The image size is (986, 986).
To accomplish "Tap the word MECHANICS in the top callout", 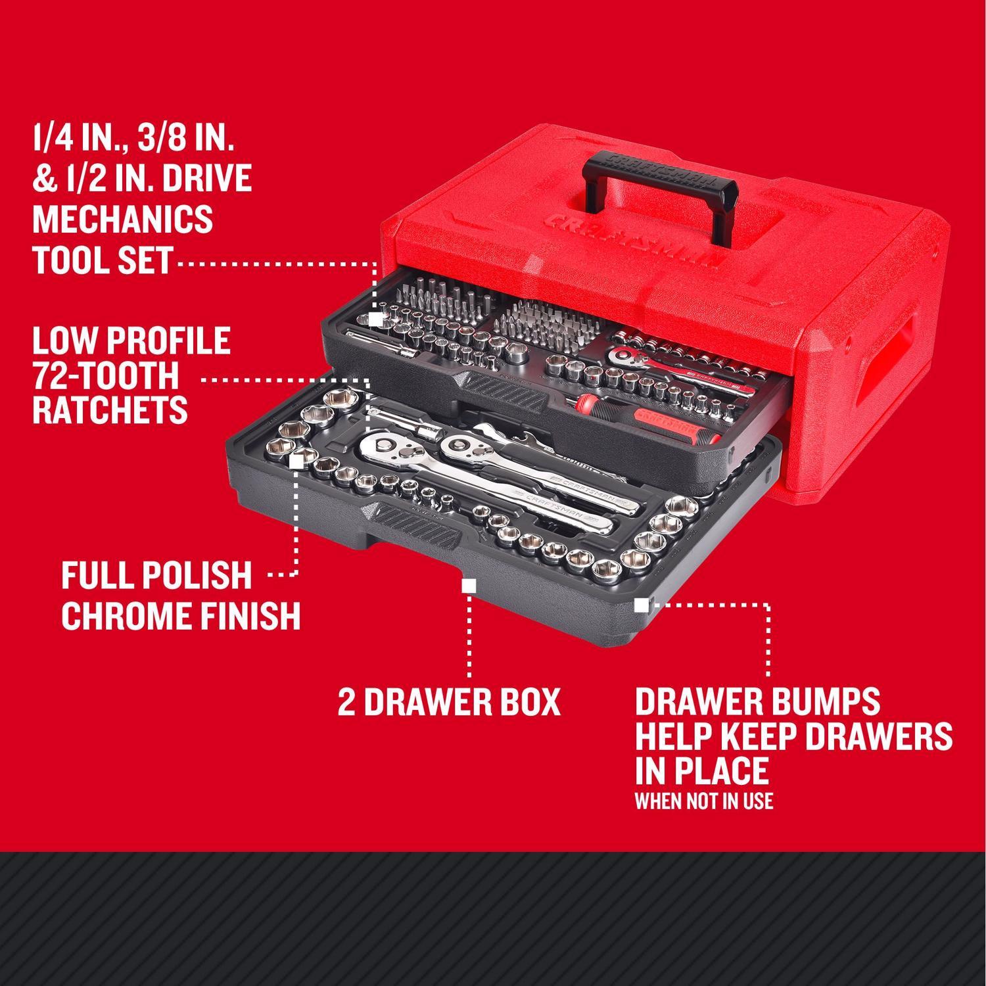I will pyautogui.click(x=122, y=219).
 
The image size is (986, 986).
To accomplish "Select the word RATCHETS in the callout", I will pyautogui.click(x=110, y=411).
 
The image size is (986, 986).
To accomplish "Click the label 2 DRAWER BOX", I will pyautogui.click(x=449, y=703).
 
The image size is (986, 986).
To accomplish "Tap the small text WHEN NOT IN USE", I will pyautogui.click(x=703, y=801).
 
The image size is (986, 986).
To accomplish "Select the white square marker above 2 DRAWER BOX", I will pyautogui.click(x=469, y=586).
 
